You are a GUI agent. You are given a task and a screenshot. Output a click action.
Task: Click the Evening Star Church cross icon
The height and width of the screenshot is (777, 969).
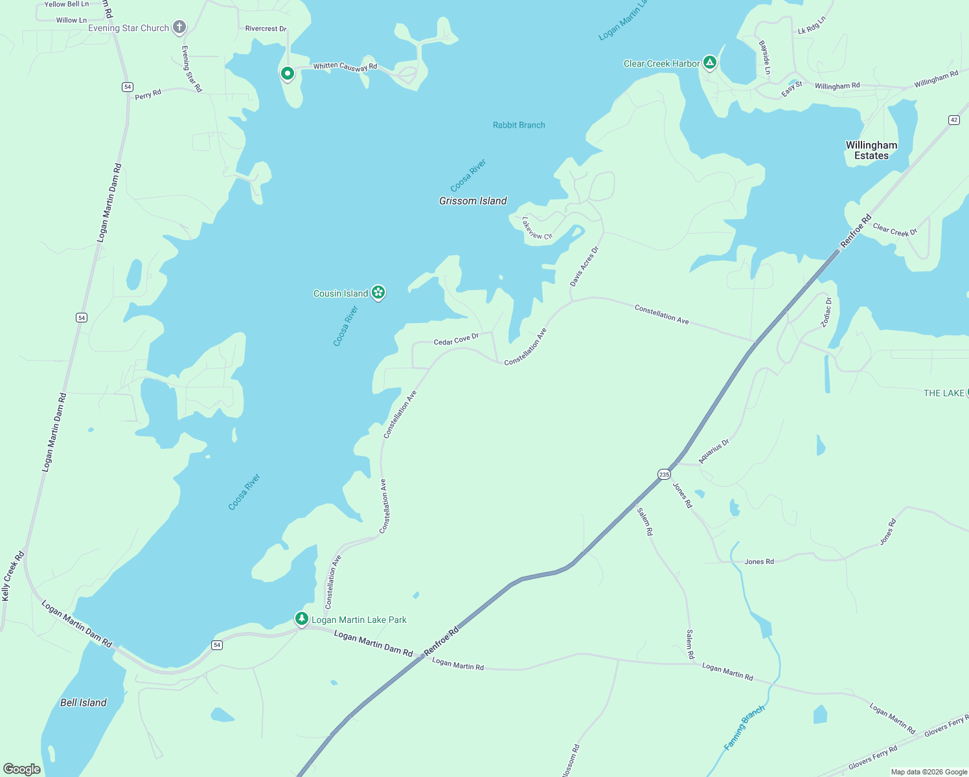coord(179,27)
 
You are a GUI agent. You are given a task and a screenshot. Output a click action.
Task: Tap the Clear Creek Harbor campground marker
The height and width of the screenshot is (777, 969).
coord(710,63)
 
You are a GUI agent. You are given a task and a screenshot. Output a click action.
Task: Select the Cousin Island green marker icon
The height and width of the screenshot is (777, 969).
coord(378,293)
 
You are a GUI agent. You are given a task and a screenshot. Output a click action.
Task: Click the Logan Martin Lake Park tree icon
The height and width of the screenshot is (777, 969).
coord(301,618)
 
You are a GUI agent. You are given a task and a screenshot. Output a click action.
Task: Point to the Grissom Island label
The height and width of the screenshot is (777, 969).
coord(473,201)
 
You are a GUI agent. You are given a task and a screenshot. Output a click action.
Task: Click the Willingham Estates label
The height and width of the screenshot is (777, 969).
coord(871,150)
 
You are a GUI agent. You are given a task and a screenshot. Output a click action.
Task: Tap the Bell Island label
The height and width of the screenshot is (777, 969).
coord(83,703)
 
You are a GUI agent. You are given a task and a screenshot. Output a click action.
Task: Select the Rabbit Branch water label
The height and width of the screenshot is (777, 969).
coord(519,125)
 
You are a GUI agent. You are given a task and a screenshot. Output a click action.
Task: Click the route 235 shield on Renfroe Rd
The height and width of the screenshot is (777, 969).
coord(664,475)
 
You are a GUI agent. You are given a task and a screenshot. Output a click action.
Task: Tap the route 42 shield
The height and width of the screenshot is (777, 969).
coord(953,120)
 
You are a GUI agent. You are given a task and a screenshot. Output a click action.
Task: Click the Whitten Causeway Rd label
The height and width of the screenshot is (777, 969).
coord(345,66)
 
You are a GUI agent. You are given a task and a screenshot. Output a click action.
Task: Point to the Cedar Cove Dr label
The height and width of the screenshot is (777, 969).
coord(456,339)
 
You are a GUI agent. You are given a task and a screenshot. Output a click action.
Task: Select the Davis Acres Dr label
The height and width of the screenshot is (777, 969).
coord(584,266)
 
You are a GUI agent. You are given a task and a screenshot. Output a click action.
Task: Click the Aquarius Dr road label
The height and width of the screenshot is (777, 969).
coord(714,451)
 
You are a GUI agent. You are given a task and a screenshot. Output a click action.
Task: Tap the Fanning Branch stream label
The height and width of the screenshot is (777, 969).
coord(744,727)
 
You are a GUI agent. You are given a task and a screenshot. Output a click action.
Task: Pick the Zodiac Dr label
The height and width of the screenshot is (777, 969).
coord(826,312)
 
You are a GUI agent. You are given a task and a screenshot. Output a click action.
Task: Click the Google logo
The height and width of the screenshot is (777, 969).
coord(21,769)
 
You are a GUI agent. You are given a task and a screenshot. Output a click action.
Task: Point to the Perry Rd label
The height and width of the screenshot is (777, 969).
coord(148,95)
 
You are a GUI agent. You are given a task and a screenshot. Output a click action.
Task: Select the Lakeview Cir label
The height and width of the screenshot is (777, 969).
coord(537,228)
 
